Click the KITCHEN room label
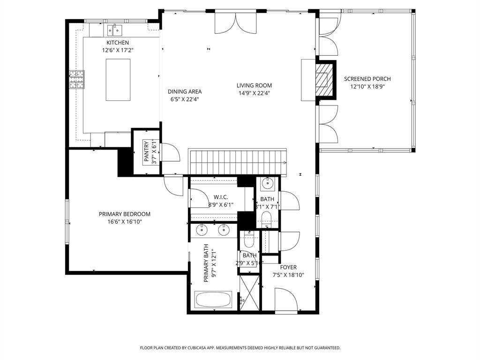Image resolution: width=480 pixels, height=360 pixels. pyautogui.click(x=117, y=43)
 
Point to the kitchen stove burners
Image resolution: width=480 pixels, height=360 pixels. pyautogui.click(x=77, y=80)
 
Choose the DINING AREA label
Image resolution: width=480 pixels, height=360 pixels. pyautogui.click(x=185, y=92)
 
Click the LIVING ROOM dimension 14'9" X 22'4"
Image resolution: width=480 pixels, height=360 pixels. pyautogui.click(x=254, y=93)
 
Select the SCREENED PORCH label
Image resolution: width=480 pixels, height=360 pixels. pyautogui.click(x=367, y=79)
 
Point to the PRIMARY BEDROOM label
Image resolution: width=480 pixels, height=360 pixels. pyautogui.click(x=124, y=214)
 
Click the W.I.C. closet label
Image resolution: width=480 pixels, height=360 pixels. pyautogui.click(x=220, y=197)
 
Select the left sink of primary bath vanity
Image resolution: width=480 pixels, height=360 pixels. pyautogui.click(x=202, y=230)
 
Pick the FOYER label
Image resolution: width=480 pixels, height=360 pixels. pyautogui.click(x=288, y=268)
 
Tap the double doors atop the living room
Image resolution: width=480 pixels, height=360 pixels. pyautogui.click(x=236, y=23)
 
